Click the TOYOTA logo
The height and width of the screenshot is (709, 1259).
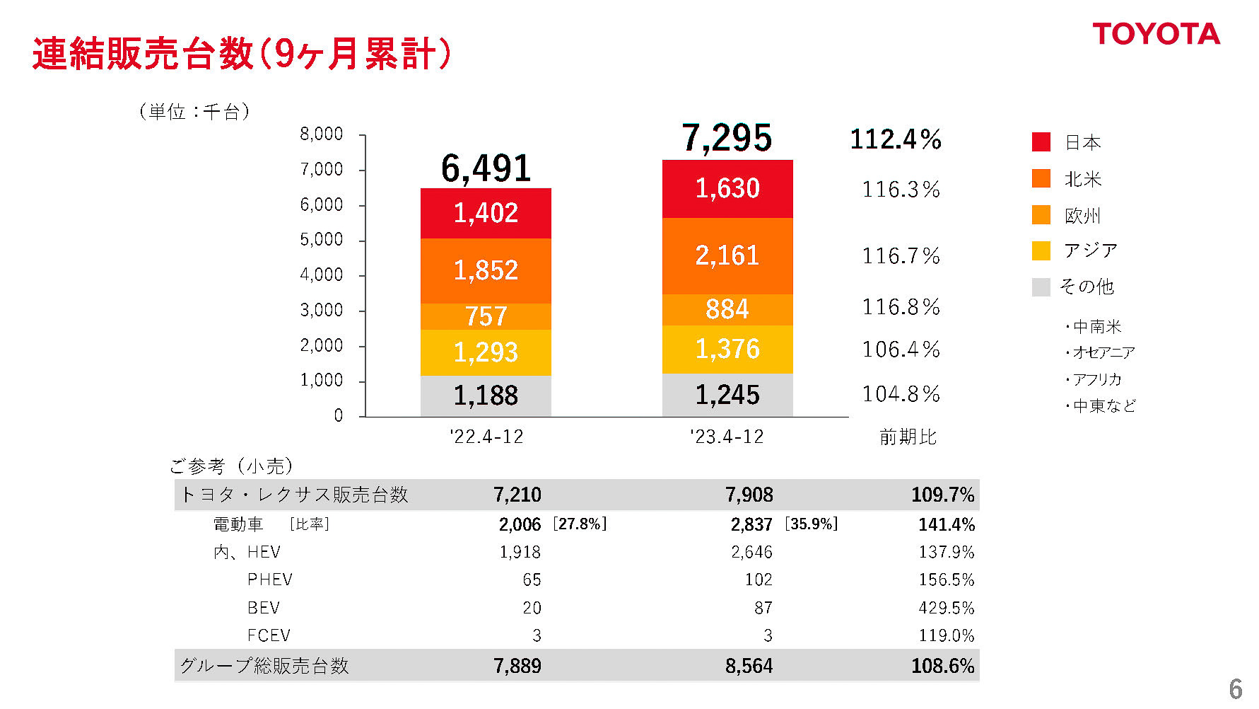click(x=1156, y=34)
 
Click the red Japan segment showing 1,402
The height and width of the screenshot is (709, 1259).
click(x=486, y=213)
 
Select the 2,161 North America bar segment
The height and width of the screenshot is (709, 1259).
click(x=727, y=255)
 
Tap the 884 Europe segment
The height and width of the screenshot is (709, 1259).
click(x=727, y=309)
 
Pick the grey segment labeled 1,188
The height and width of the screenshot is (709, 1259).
click(x=486, y=396)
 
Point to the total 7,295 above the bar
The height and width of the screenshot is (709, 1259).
click(x=727, y=138)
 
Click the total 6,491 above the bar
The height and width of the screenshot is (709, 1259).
click(x=486, y=169)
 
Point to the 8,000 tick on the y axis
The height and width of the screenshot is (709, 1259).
click(x=322, y=134)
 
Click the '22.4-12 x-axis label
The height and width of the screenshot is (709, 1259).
click(x=486, y=437)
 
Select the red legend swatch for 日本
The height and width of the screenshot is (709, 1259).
click(x=1041, y=142)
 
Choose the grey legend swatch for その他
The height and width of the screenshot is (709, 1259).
click(x=1041, y=287)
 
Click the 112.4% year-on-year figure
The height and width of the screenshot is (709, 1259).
click(x=896, y=139)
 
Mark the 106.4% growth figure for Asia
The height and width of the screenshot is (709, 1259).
click(x=901, y=350)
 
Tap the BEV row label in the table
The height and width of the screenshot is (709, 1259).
click(x=264, y=608)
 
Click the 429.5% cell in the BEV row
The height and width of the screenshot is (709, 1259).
click(x=946, y=608)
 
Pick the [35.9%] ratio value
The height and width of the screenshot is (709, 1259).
click(x=811, y=524)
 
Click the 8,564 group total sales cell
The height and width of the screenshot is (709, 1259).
click(x=749, y=666)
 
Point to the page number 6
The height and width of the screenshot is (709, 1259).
click(x=1236, y=688)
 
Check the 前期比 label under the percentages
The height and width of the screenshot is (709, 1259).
click(x=908, y=437)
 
